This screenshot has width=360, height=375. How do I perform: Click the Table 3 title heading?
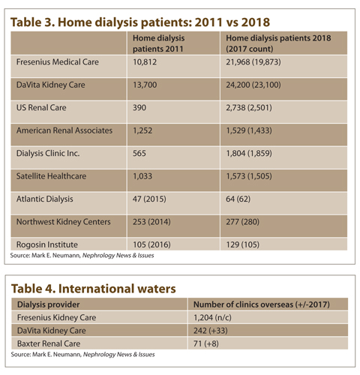pos(140,22)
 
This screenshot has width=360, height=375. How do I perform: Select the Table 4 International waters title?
pos(94,289)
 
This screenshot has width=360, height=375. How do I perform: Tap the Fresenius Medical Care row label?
pos(58,62)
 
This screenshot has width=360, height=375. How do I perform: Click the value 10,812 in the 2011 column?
pos(145,62)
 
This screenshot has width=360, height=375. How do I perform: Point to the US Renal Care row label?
pos(41,107)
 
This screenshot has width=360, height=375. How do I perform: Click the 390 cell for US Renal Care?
pos(139,107)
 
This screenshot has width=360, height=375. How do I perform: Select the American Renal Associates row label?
pos(64,130)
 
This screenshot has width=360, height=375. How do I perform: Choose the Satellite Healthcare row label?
pos(51,176)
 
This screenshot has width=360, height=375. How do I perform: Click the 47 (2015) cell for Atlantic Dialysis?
pos(149,199)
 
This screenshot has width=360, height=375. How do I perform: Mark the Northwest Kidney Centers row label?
pos(63,222)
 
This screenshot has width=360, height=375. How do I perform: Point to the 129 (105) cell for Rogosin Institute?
pos(242,244)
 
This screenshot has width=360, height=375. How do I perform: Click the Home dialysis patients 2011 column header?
pos(158,43)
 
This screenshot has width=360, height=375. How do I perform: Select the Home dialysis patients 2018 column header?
pos(278,43)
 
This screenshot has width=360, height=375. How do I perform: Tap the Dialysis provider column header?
pos(48,304)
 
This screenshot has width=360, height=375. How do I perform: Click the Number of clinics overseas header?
pos(262,304)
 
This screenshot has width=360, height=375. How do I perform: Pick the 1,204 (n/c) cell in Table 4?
pos(212,317)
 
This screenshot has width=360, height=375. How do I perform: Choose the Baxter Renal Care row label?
pos(49,343)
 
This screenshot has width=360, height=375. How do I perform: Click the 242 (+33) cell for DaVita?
pos(211,331)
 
